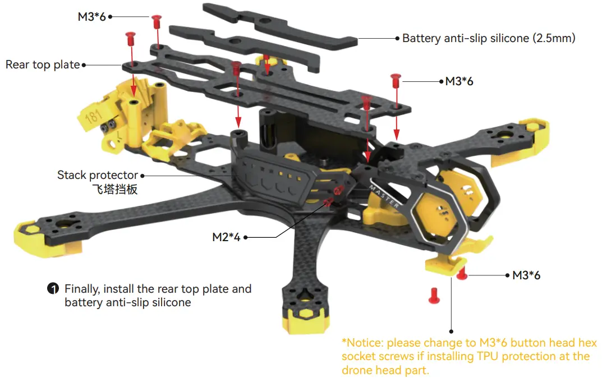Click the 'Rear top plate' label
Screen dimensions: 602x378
pyautogui.click(x=43, y=64)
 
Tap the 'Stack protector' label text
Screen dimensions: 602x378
pyautogui.click(x=97, y=175)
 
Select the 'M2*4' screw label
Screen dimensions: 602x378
pyautogui.click(x=226, y=237)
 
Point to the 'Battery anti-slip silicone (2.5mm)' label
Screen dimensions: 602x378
pyautogui.click(x=489, y=38)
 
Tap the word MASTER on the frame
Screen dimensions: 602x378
pyautogui.click(x=384, y=196)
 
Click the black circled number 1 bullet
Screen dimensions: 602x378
pyautogui.click(x=53, y=289)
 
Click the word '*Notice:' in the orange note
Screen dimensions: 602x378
pyautogui.click(x=362, y=343)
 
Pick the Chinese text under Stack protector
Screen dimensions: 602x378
pyautogui.click(x=115, y=190)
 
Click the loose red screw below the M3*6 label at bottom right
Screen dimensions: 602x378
pyautogui.click(x=434, y=296)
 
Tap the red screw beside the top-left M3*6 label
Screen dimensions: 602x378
pyautogui.click(x=157, y=22)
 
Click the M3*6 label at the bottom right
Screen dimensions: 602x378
pyautogui.click(x=526, y=275)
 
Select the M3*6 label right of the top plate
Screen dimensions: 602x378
pyautogui.click(x=459, y=81)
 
